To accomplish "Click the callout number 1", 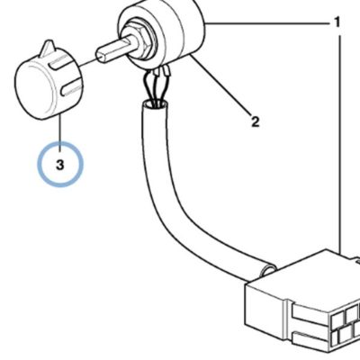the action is (337, 22).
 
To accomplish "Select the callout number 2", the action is (255, 121).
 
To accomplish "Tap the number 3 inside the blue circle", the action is (60, 165).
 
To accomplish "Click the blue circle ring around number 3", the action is (38, 165).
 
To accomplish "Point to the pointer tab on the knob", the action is (49, 48).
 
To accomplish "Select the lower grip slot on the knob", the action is (71, 89).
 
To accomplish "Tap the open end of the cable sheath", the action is (155, 104).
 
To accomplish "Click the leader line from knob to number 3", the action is (60, 131).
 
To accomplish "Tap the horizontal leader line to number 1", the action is (267, 23).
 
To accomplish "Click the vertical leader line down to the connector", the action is (340, 144).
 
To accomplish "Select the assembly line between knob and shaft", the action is (86, 61).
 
